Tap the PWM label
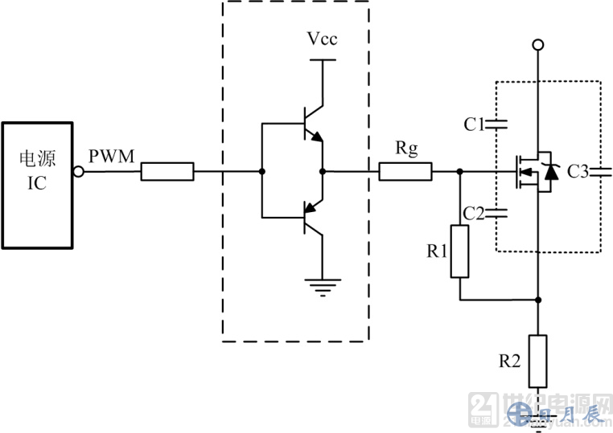click(112, 156)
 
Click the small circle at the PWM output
click(79, 171)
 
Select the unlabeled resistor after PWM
click(167, 171)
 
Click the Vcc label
click(322, 38)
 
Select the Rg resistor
click(405, 171)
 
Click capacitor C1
click(500, 125)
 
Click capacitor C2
click(500, 214)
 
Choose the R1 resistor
click(459, 251)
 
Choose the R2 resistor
click(537, 361)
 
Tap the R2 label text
click(511, 361)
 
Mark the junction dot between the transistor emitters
click(323, 171)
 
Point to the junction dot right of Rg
click(459, 171)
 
